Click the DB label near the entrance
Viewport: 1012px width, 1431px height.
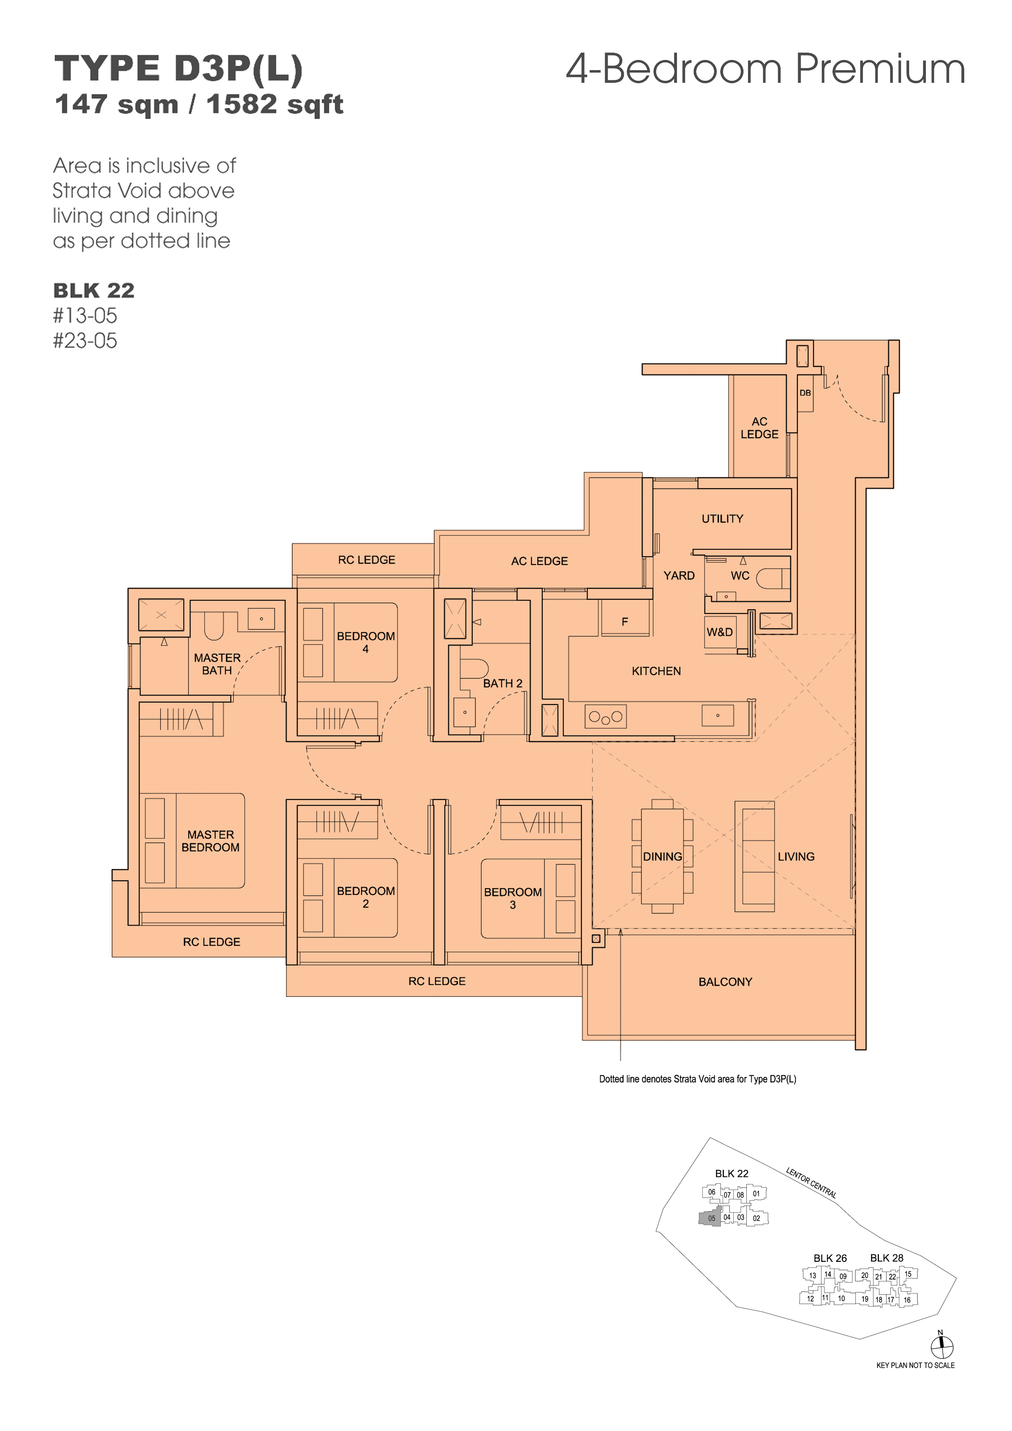pos(805,393)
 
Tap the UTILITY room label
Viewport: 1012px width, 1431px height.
pos(722,518)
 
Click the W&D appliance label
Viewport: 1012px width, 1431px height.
pos(719,632)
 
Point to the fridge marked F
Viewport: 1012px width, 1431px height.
pos(625,618)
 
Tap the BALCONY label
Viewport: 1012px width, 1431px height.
pos(725,981)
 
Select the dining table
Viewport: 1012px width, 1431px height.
pos(662,856)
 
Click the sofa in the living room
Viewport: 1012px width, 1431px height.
pos(755,856)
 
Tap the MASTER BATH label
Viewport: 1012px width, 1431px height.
pos(217,664)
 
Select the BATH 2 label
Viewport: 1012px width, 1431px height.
pos(503,683)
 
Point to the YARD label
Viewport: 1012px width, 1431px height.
pos(679,575)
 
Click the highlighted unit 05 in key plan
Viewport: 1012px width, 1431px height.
pos(710,1218)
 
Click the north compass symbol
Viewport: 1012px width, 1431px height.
pos(941,1347)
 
